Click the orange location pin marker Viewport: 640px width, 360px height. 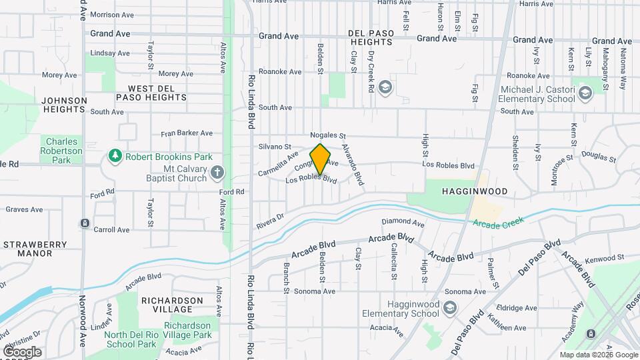[321, 159]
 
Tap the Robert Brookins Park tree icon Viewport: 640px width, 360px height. [115, 157]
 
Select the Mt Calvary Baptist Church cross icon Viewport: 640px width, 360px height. [217, 173]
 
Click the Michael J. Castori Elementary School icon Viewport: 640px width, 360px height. [585, 93]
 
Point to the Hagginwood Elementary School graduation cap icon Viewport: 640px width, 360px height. [451, 308]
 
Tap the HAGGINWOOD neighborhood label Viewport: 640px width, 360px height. [474, 191]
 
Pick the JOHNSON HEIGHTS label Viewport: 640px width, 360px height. [64, 105]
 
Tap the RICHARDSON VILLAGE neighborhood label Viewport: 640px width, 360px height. [172, 305]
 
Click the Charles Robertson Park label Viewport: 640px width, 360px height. [62, 151]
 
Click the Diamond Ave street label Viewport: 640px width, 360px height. [403, 222]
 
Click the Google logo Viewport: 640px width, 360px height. [22, 352]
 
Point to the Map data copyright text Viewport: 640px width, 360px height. [597, 355]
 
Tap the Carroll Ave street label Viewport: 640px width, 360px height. [111, 229]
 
